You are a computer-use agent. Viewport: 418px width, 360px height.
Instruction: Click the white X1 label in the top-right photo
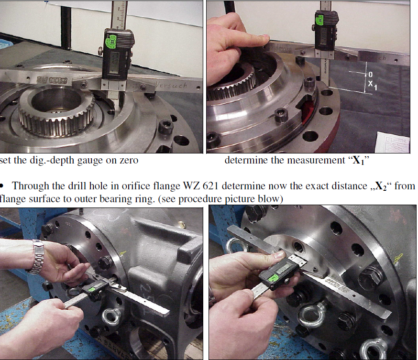373,86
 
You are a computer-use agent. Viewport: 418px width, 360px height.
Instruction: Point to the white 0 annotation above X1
370,75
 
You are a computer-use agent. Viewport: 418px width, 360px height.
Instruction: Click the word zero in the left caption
127,161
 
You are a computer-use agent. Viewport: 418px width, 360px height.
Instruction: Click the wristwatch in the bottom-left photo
37,256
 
